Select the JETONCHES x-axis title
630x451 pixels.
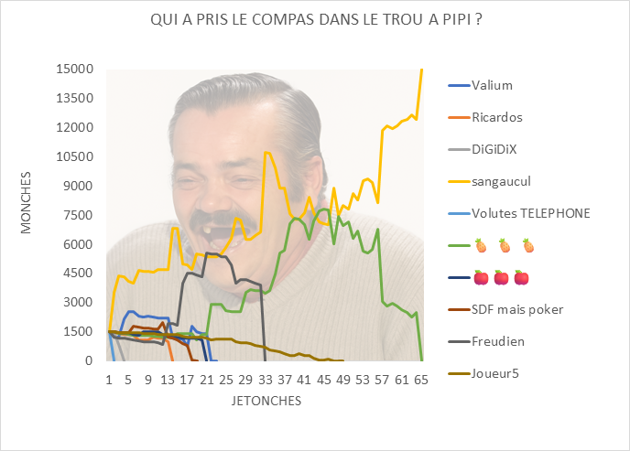tap(266, 401)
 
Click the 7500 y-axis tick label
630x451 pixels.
tap(79, 215)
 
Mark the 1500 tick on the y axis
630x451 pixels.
tap(79, 331)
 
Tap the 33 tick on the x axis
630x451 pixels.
tap(266, 378)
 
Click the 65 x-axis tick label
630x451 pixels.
tap(421, 378)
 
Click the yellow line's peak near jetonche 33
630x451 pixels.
tap(266, 152)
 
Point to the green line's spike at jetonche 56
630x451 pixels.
tap(377, 229)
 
